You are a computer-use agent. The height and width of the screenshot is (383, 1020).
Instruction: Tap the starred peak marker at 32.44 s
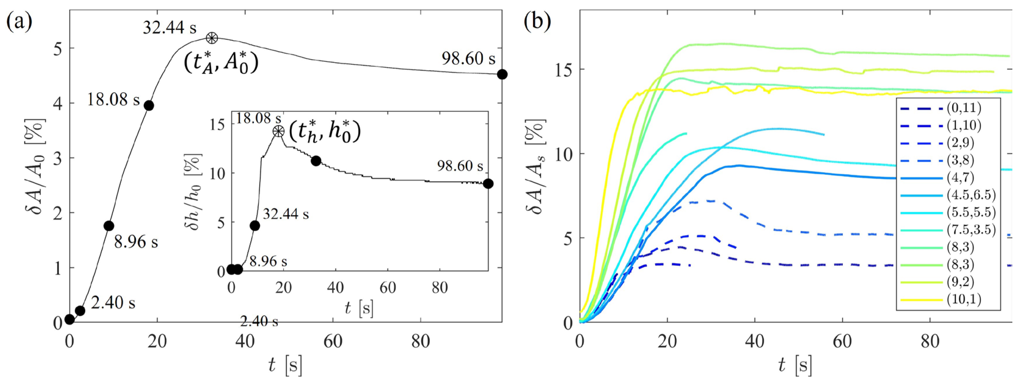pos(212,38)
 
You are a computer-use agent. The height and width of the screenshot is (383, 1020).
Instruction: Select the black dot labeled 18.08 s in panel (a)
pos(149,106)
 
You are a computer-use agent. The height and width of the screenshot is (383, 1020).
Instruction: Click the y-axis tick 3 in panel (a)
pos(58,158)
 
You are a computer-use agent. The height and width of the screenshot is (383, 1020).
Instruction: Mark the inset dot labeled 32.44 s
pos(255,226)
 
